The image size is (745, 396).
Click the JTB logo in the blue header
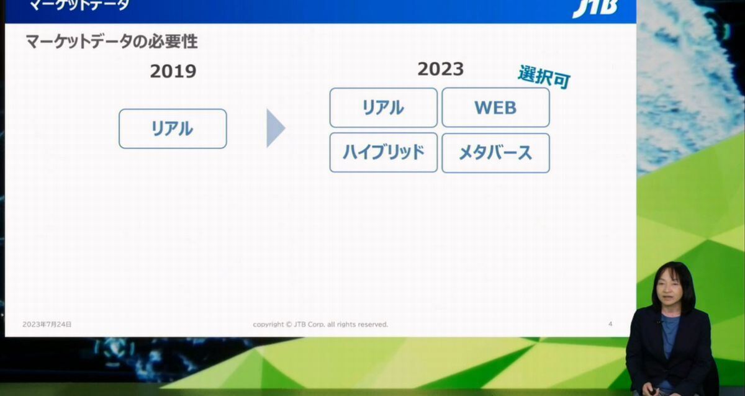[595, 8]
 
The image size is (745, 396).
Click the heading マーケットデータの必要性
[112, 42]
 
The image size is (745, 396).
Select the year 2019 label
[173, 71]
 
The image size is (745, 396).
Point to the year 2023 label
[441, 69]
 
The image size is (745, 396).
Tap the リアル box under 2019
[173, 128]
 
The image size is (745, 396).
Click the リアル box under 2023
[384, 107]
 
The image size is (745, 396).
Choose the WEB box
[495, 107]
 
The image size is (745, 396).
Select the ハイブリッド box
[384, 153]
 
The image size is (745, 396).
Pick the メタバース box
[495, 153]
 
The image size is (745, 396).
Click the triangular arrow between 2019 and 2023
[274, 128]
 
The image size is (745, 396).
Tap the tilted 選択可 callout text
[544, 77]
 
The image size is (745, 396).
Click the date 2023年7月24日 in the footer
[47, 324]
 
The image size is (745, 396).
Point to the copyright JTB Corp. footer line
[320, 324]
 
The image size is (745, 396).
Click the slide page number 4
[610, 324]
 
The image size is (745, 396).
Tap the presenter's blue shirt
[669, 336]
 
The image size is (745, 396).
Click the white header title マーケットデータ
[79, 4]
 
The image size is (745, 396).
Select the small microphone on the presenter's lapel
[659, 322]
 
